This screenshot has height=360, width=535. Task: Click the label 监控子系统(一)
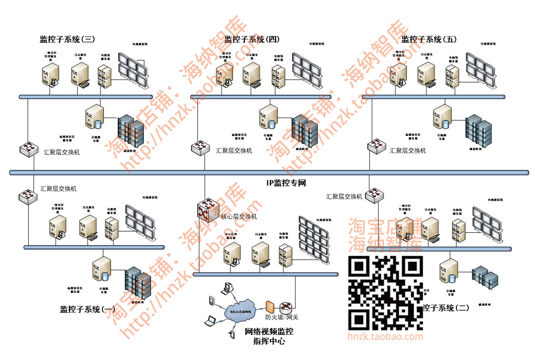click(x=88, y=310)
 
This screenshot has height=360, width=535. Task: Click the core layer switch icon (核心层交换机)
click(x=207, y=210)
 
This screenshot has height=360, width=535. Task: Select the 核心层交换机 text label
click(x=239, y=217)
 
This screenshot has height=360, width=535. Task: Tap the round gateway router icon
click(x=285, y=307)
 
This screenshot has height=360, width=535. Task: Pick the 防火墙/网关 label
click(x=282, y=317)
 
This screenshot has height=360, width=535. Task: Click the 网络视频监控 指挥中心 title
click(x=269, y=337)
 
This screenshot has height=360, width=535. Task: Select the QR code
click(x=386, y=293)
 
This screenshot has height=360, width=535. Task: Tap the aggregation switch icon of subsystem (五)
click(x=377, y=145)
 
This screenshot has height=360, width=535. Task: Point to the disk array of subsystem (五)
click(x=479, y=131)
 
